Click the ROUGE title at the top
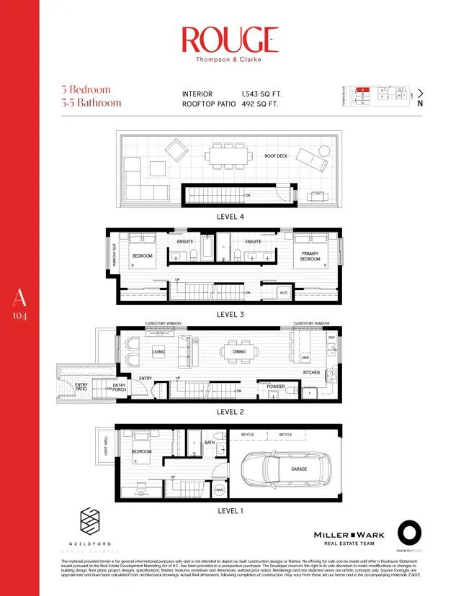pos(230,40)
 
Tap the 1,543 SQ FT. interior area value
pos(260,94)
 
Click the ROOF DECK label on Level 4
pos(275,155)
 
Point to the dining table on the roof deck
pos(228,154)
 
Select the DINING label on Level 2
pos(239,351)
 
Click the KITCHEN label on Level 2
pos(311,372)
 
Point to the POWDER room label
pos(276,387)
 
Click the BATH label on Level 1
pos(209,443)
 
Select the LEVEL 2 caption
pos(230,412)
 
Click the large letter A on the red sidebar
pos(19,297)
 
